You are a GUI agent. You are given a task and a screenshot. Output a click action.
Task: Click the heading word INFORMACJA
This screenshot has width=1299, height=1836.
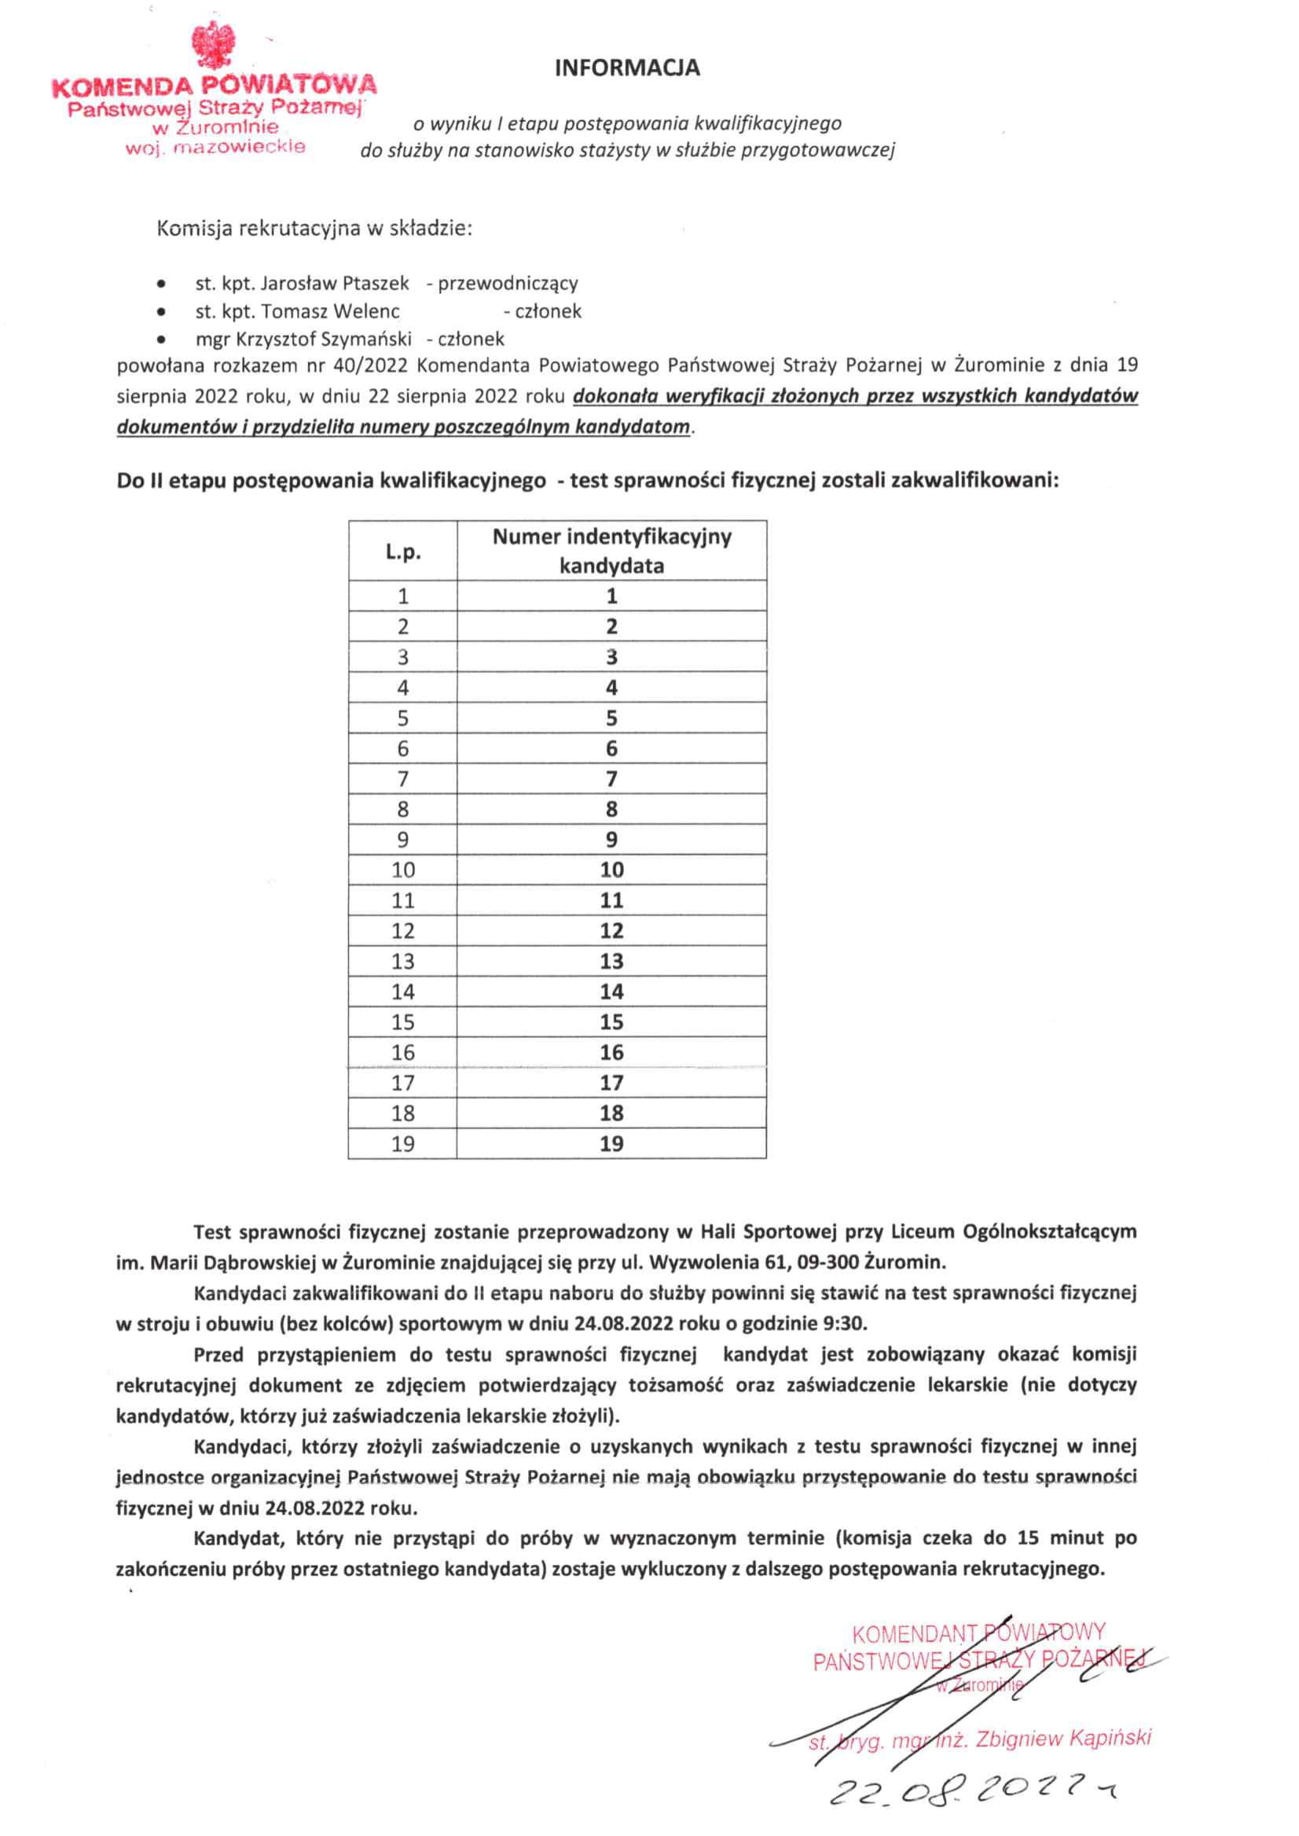click(627, 68)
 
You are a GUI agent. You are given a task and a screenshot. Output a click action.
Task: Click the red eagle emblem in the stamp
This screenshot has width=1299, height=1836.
click(214, 47)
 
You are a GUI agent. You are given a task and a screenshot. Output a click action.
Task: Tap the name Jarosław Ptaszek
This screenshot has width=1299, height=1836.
click(334, 283)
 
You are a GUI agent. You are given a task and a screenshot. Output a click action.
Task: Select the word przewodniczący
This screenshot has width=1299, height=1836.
click(507, 283)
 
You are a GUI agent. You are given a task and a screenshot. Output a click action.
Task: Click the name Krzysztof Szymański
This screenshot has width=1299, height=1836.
click(324, 339)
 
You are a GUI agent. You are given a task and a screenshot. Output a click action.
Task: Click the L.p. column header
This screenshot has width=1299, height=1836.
click(402, 552)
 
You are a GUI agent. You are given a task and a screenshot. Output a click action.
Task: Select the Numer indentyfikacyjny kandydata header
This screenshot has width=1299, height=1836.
click(611, 551)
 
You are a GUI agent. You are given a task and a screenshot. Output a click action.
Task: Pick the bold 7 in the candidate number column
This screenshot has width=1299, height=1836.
click(611, 779)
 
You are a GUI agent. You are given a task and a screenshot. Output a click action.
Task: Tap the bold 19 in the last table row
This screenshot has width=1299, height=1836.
click(611, 1145)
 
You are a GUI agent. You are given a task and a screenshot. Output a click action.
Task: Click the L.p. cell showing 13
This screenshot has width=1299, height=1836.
click(402, 961)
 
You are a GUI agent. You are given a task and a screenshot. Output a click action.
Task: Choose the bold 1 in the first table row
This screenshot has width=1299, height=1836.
click(611, 596)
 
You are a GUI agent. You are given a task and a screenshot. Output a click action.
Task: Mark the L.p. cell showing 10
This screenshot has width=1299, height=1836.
click(402, 870)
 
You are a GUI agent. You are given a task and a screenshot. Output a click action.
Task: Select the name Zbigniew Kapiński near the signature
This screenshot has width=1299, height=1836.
click(1063, 1739)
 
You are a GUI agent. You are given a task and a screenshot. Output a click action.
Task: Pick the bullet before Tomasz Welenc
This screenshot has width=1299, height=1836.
click(163, 312)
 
